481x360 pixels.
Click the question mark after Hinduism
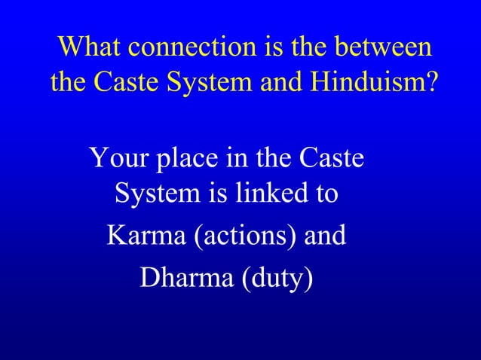pyautogui.click(x=429, y=83)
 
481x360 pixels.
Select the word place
pyautogui.click(x=184, y=160)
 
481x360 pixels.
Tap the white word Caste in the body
pyautogui.click(x=332, y=160)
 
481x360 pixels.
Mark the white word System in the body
pyautogui.click(x=155, y=196)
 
